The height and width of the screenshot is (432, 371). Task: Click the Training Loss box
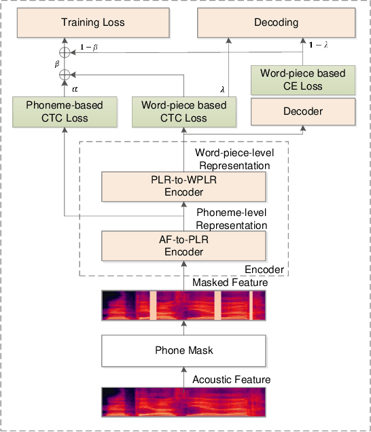pyautogui.click(x=93, y=22)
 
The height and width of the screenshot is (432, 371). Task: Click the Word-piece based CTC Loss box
pyautogui.click(x=183, y=112)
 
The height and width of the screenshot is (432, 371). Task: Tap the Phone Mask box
pyautogui.click(x=183, y=350)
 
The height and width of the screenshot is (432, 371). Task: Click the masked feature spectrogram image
pyautogui.click(x=183, y=305)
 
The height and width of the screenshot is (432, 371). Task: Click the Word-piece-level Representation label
pyautogui.click(x=232, y=160)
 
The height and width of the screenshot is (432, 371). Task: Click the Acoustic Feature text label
pyautogui.click(x=232, y=379)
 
